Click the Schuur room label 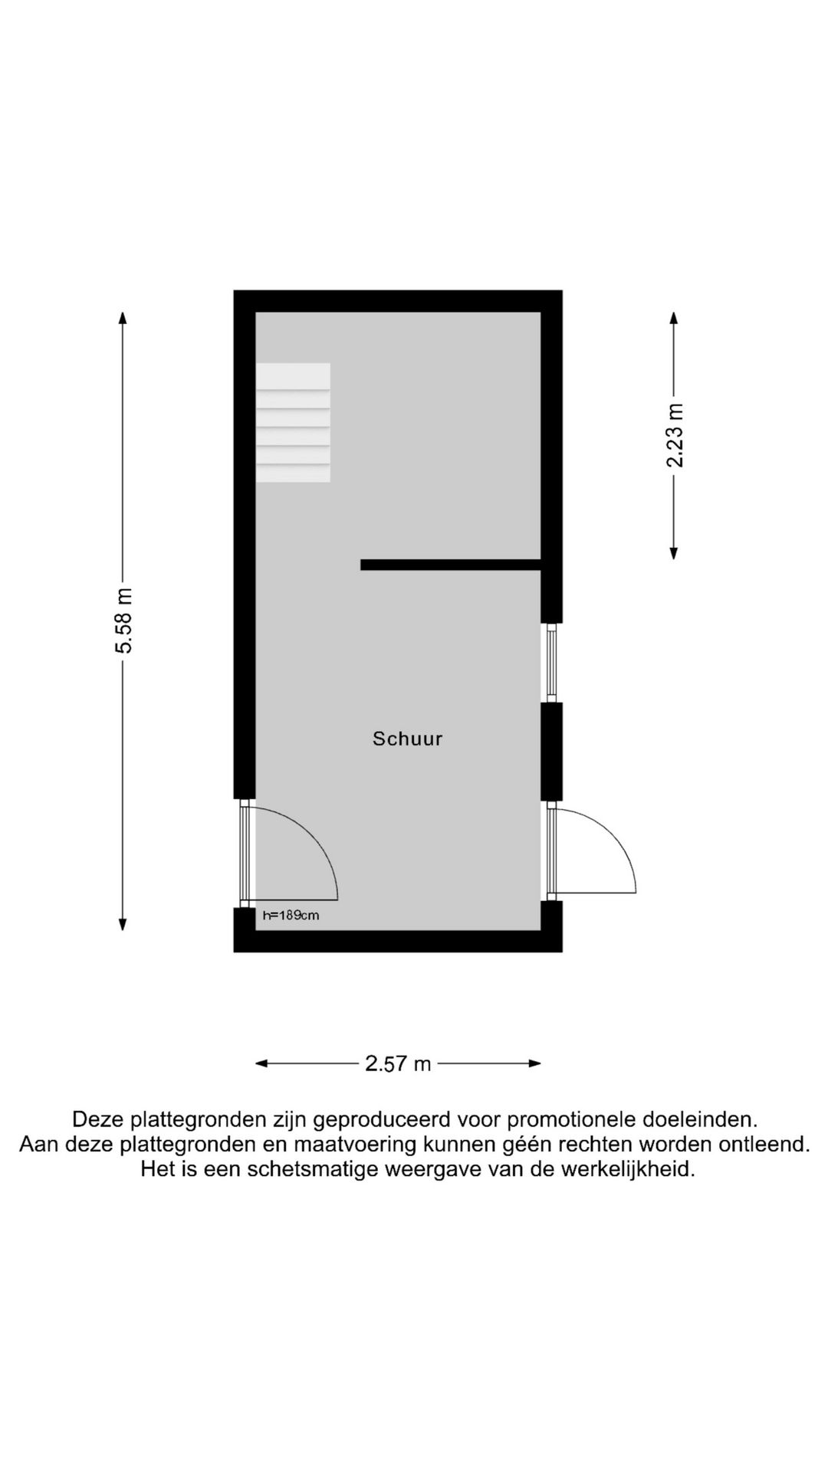407,739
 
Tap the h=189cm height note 291,915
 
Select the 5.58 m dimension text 124,621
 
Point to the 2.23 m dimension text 675,435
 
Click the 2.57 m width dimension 398,1063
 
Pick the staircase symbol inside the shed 293,422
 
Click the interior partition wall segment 451,565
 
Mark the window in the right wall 551,662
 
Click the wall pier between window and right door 551,752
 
